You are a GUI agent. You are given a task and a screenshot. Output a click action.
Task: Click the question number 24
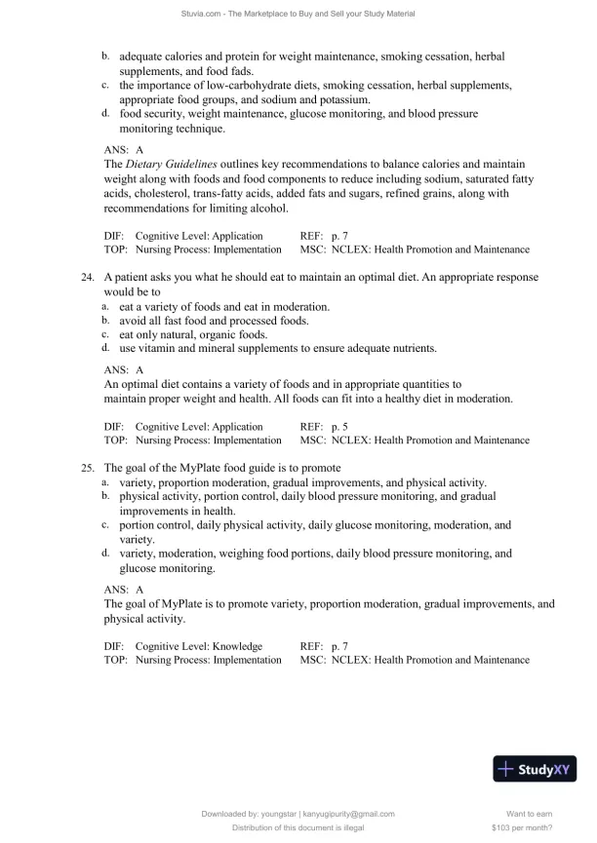coord(88,278)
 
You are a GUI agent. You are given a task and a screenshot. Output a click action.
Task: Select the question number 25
coord(88,468)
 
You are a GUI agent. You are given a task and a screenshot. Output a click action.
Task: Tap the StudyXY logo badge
coord(536,769)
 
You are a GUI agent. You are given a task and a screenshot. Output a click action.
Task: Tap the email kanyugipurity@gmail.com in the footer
coord(348,814)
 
